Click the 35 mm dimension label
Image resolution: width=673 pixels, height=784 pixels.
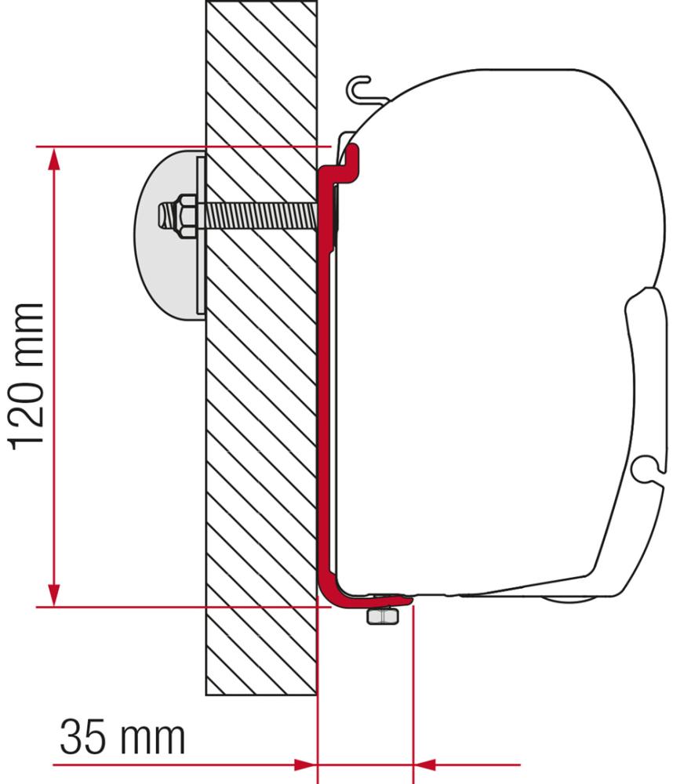(x=122, y=737)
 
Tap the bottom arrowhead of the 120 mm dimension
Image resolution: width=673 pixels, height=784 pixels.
(x=53, y=593)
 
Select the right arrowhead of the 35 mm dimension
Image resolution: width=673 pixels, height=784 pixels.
(x=424, y=762)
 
